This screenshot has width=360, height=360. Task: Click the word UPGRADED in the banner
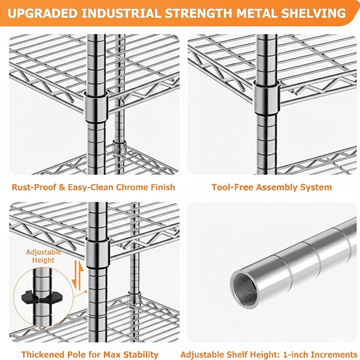43,13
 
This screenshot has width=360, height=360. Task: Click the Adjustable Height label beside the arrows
43,256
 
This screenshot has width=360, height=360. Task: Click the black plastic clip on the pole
40,298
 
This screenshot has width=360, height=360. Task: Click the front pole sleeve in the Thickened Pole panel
98,253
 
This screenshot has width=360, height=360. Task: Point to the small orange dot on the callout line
86,291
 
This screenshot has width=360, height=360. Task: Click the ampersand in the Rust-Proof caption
62,187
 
